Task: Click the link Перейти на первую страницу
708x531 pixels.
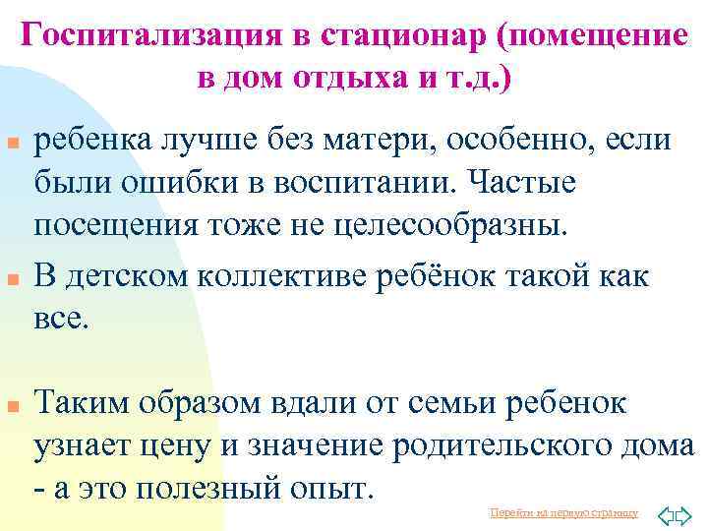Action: click(563, 513)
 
